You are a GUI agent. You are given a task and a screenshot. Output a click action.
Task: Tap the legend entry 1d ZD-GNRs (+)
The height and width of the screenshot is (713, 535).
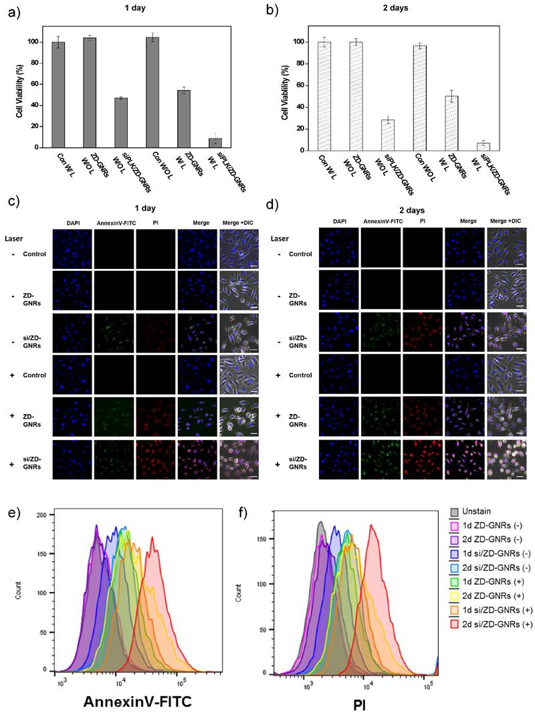[491, 586]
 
